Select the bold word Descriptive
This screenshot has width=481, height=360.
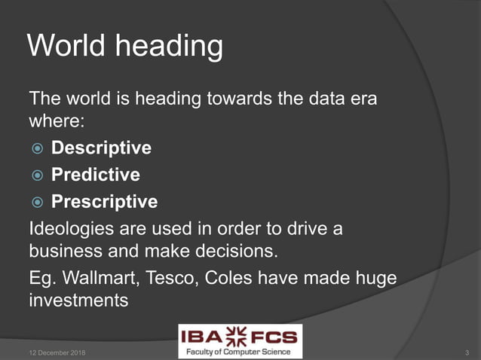(101, 148)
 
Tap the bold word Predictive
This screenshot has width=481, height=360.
(96, 175)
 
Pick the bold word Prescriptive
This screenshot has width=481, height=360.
(104, 202)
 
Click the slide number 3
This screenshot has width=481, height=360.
(467, 352)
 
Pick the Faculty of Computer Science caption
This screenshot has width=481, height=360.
(240, 351)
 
